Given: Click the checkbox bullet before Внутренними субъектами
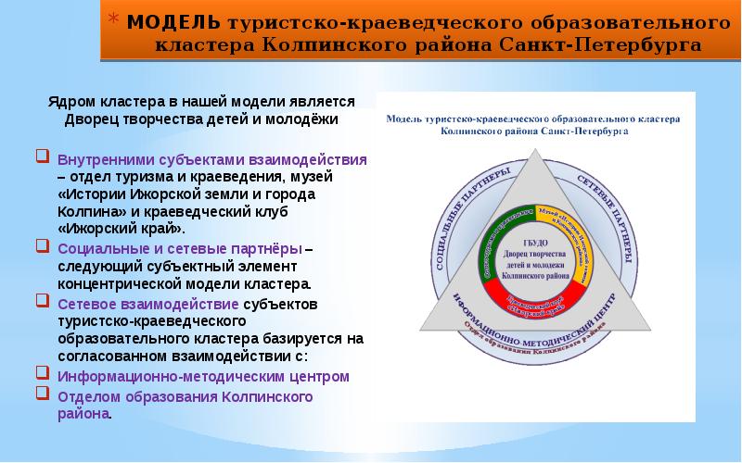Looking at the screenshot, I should [x=45, y=158].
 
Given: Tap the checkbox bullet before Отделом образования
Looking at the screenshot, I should [x=45, y=394].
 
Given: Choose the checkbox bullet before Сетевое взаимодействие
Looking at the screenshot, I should [x=45, y=303].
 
